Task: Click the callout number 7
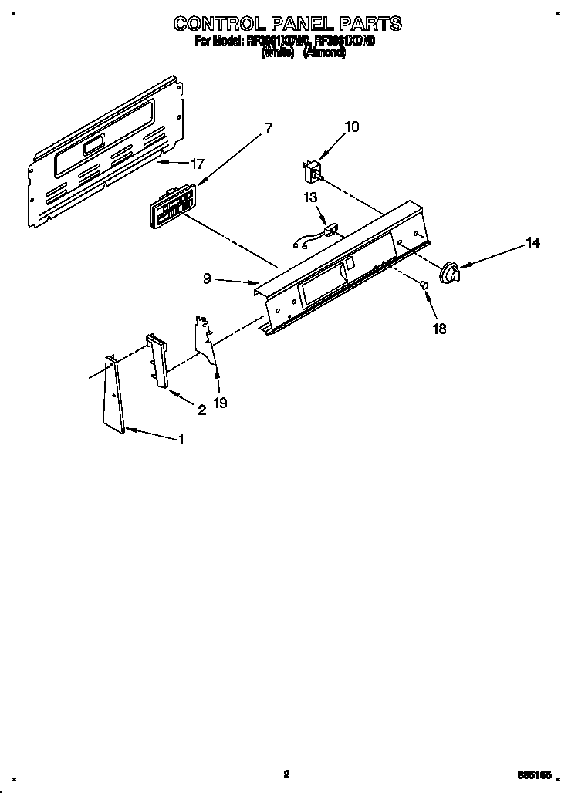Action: pos(268,129)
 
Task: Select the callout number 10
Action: pos(351,127)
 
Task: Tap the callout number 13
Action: pos(310,197)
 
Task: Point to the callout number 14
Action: pos(532,243)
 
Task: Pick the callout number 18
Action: pos(439,328)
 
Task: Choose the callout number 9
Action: pos(207,279)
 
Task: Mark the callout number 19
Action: pos(220,402)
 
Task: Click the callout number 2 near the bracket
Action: pos(201,410)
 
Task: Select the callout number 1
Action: pos(181,440)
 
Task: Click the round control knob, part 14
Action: pos(448,272)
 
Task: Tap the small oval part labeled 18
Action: pos(424,286)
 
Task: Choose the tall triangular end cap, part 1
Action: pos(114,393)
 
